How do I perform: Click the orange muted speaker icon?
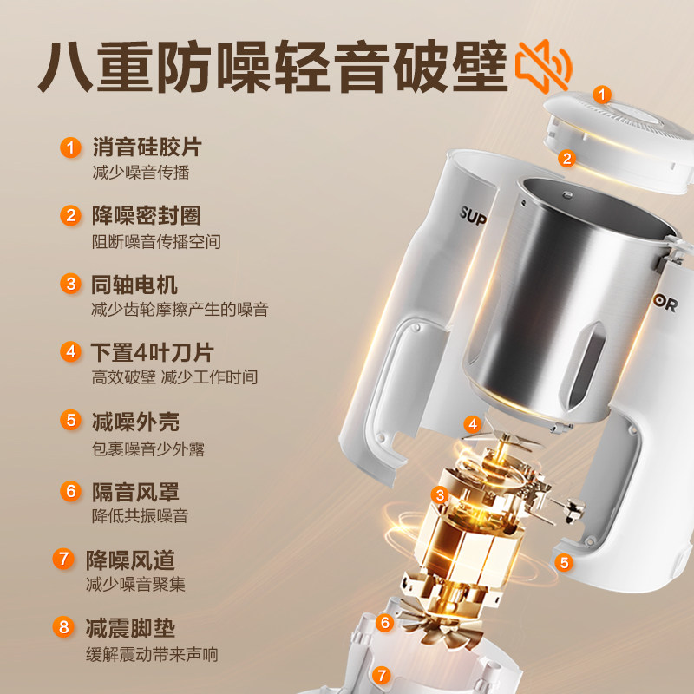(544, 67)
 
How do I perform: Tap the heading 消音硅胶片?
(147, 147)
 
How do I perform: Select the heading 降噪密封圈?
(147, 215)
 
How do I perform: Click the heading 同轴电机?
(134, 285)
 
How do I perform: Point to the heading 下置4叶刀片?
(153, 353)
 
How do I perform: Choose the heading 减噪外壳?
(136, 422)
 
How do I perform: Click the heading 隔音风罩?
(135, 492)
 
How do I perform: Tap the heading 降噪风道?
(131, 560)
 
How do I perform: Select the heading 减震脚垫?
(131, 628)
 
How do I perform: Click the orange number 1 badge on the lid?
(601, 95)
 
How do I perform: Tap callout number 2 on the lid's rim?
(567, 159)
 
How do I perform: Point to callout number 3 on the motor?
(440, 495)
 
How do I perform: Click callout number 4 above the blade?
(473, 424)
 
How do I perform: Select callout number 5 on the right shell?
(564, 563)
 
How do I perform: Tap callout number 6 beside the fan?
(384, 623)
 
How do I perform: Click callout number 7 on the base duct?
(381, 676)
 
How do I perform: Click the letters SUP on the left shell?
(473, 215)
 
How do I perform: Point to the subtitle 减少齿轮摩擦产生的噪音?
(180, 310)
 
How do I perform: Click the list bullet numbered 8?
(63, 627)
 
